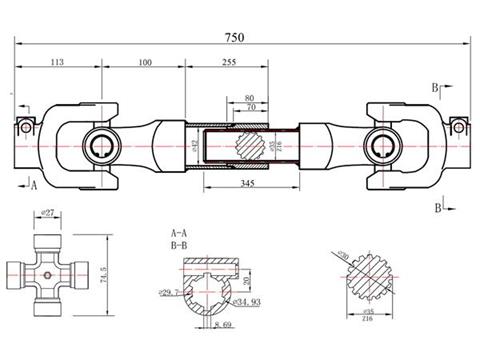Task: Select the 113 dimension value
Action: (56, 62)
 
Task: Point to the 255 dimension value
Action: (229, 62)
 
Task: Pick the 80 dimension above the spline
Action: (249, 97)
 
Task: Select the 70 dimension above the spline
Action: (249, 107)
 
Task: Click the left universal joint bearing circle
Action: (102, 145)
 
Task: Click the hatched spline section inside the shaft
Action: (251, 145)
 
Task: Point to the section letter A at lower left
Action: (34, 186)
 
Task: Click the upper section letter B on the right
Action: (436, 88)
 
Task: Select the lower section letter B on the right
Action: (436, 207)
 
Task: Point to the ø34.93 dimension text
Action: (245, 300)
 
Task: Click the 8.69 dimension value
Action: (223, 325)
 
